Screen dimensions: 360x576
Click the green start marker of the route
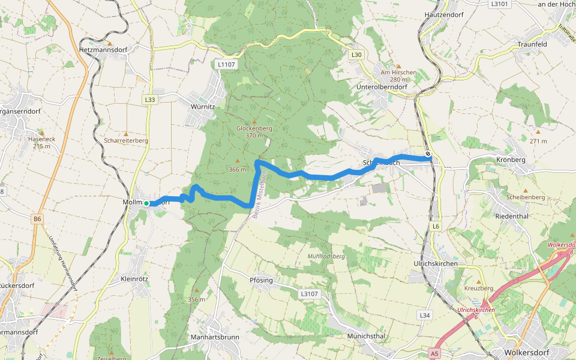[146, 203]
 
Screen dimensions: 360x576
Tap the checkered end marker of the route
[428, 154]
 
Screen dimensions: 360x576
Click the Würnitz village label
[202, 106]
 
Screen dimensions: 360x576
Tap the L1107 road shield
[227, 64]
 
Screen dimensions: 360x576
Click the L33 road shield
[150, 100]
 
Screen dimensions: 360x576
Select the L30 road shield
[357, 55]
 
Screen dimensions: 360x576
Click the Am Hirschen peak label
[398, 73]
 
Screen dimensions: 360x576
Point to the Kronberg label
[511, 160]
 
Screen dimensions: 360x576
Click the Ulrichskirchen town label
[436, 263]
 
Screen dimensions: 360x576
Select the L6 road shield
[436, 226]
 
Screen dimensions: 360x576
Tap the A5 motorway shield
[435, 355]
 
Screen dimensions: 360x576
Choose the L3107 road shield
[308, 294]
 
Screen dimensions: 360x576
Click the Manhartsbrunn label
[214, 337]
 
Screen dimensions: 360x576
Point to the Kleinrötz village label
[134, 280]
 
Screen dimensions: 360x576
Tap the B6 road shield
[38, 219]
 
